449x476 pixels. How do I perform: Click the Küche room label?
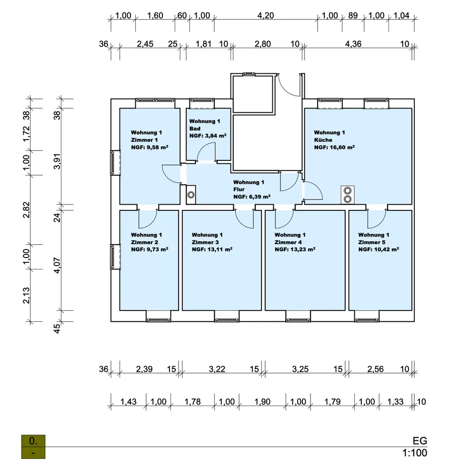323,140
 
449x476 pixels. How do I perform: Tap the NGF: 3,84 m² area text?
208,136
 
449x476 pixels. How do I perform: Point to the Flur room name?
239,189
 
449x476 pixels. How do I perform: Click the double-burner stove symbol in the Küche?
347,194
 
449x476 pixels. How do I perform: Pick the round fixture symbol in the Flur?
191,195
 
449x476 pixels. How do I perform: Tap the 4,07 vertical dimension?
57,265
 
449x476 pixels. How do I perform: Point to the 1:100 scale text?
414,453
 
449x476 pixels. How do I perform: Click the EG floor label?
420,440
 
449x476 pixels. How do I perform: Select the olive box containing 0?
33,441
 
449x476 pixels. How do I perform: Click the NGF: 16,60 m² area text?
334,148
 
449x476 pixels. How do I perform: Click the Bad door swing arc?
206,153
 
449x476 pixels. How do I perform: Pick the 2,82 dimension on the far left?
27,209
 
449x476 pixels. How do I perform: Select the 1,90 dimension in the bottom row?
262,402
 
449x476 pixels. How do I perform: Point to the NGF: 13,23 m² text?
295,249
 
